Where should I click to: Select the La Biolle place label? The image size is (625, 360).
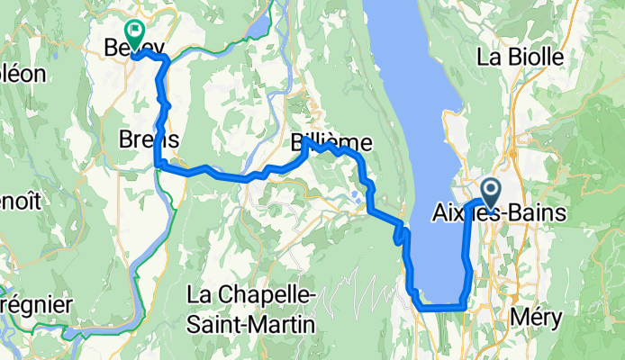[521, 58]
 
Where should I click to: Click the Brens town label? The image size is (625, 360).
[149, 139]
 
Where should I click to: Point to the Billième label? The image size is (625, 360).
[331, 143]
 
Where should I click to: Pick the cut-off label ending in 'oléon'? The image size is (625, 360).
[22, 74]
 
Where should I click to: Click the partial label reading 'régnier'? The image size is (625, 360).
[34, 304]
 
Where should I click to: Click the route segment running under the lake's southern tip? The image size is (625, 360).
[441, 308]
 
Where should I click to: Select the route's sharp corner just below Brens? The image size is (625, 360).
[159, 164]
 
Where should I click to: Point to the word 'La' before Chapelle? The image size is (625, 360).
[200, 294]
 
